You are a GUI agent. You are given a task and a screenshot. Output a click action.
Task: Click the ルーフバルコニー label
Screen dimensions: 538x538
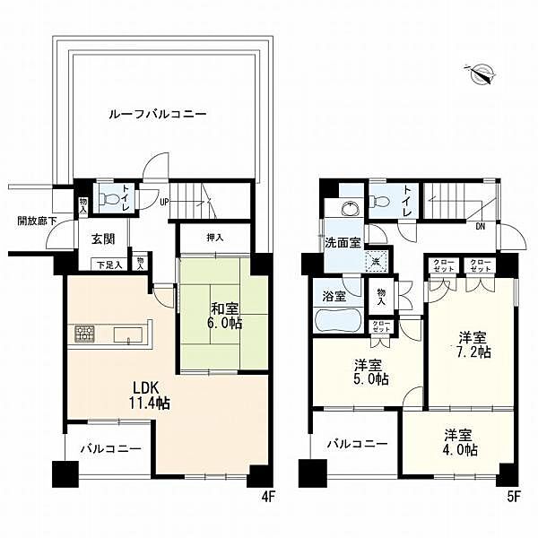tap(158, 115)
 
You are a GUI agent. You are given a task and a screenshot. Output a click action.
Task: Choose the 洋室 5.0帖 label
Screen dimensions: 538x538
tap(369, 372)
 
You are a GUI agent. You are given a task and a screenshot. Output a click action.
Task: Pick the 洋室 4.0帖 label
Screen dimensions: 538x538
tap(459, 442)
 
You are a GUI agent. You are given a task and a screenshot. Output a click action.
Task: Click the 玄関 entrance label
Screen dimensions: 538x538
tap(103, 239)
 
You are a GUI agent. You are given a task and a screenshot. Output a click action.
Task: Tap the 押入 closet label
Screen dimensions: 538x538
tap(215, 238)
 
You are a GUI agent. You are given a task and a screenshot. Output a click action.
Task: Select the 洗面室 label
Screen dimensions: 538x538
tap(343, 243)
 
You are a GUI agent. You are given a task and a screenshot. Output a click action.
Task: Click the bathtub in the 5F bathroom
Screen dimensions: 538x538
tap(336, 321)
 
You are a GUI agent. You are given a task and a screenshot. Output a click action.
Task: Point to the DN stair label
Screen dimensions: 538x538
tap(481, 226)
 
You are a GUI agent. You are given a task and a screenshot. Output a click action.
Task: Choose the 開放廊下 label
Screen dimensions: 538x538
tap(37, 221)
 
